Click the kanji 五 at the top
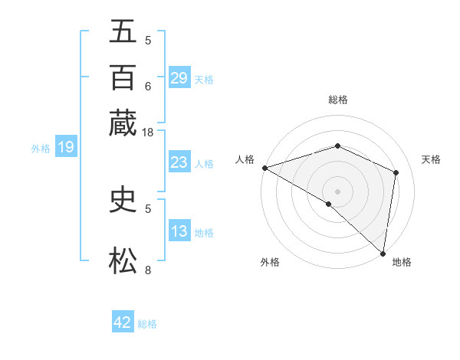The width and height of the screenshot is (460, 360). (x=123, y=32)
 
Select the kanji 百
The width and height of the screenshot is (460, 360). (x=123, y=79)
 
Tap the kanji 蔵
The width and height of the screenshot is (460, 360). (x=123, y=123)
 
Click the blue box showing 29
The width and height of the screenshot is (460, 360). (x=179, y=79)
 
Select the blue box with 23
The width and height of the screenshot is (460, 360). (x=179, y=162)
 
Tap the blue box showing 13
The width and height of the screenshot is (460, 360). (x=179, y=232)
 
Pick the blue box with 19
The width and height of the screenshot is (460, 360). (x=65, y=148)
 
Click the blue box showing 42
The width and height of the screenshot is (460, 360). (x=123, y=322)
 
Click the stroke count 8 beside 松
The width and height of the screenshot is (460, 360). (x=148, y=270)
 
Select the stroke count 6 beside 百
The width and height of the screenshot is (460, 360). (x=148, y=88)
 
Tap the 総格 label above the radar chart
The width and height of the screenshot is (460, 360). (x=337, y=100)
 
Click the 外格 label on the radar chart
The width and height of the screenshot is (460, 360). (x=270, y=262)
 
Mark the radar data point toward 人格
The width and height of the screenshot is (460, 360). (x=264, y=168)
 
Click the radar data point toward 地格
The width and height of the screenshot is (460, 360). (x=383, y=253)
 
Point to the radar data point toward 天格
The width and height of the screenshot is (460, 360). (x=396, y=172)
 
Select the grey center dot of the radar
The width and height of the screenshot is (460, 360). (x=337, y=191)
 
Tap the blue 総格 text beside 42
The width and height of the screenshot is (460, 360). (x=147, y=324)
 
